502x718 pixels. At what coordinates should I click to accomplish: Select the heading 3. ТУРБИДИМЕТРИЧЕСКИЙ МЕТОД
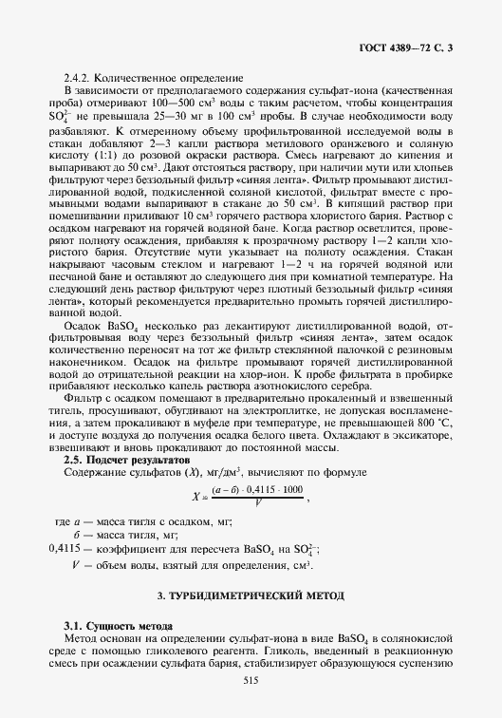click(x=251, y=595)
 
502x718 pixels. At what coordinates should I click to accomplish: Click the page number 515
click(x=251, y=679)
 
